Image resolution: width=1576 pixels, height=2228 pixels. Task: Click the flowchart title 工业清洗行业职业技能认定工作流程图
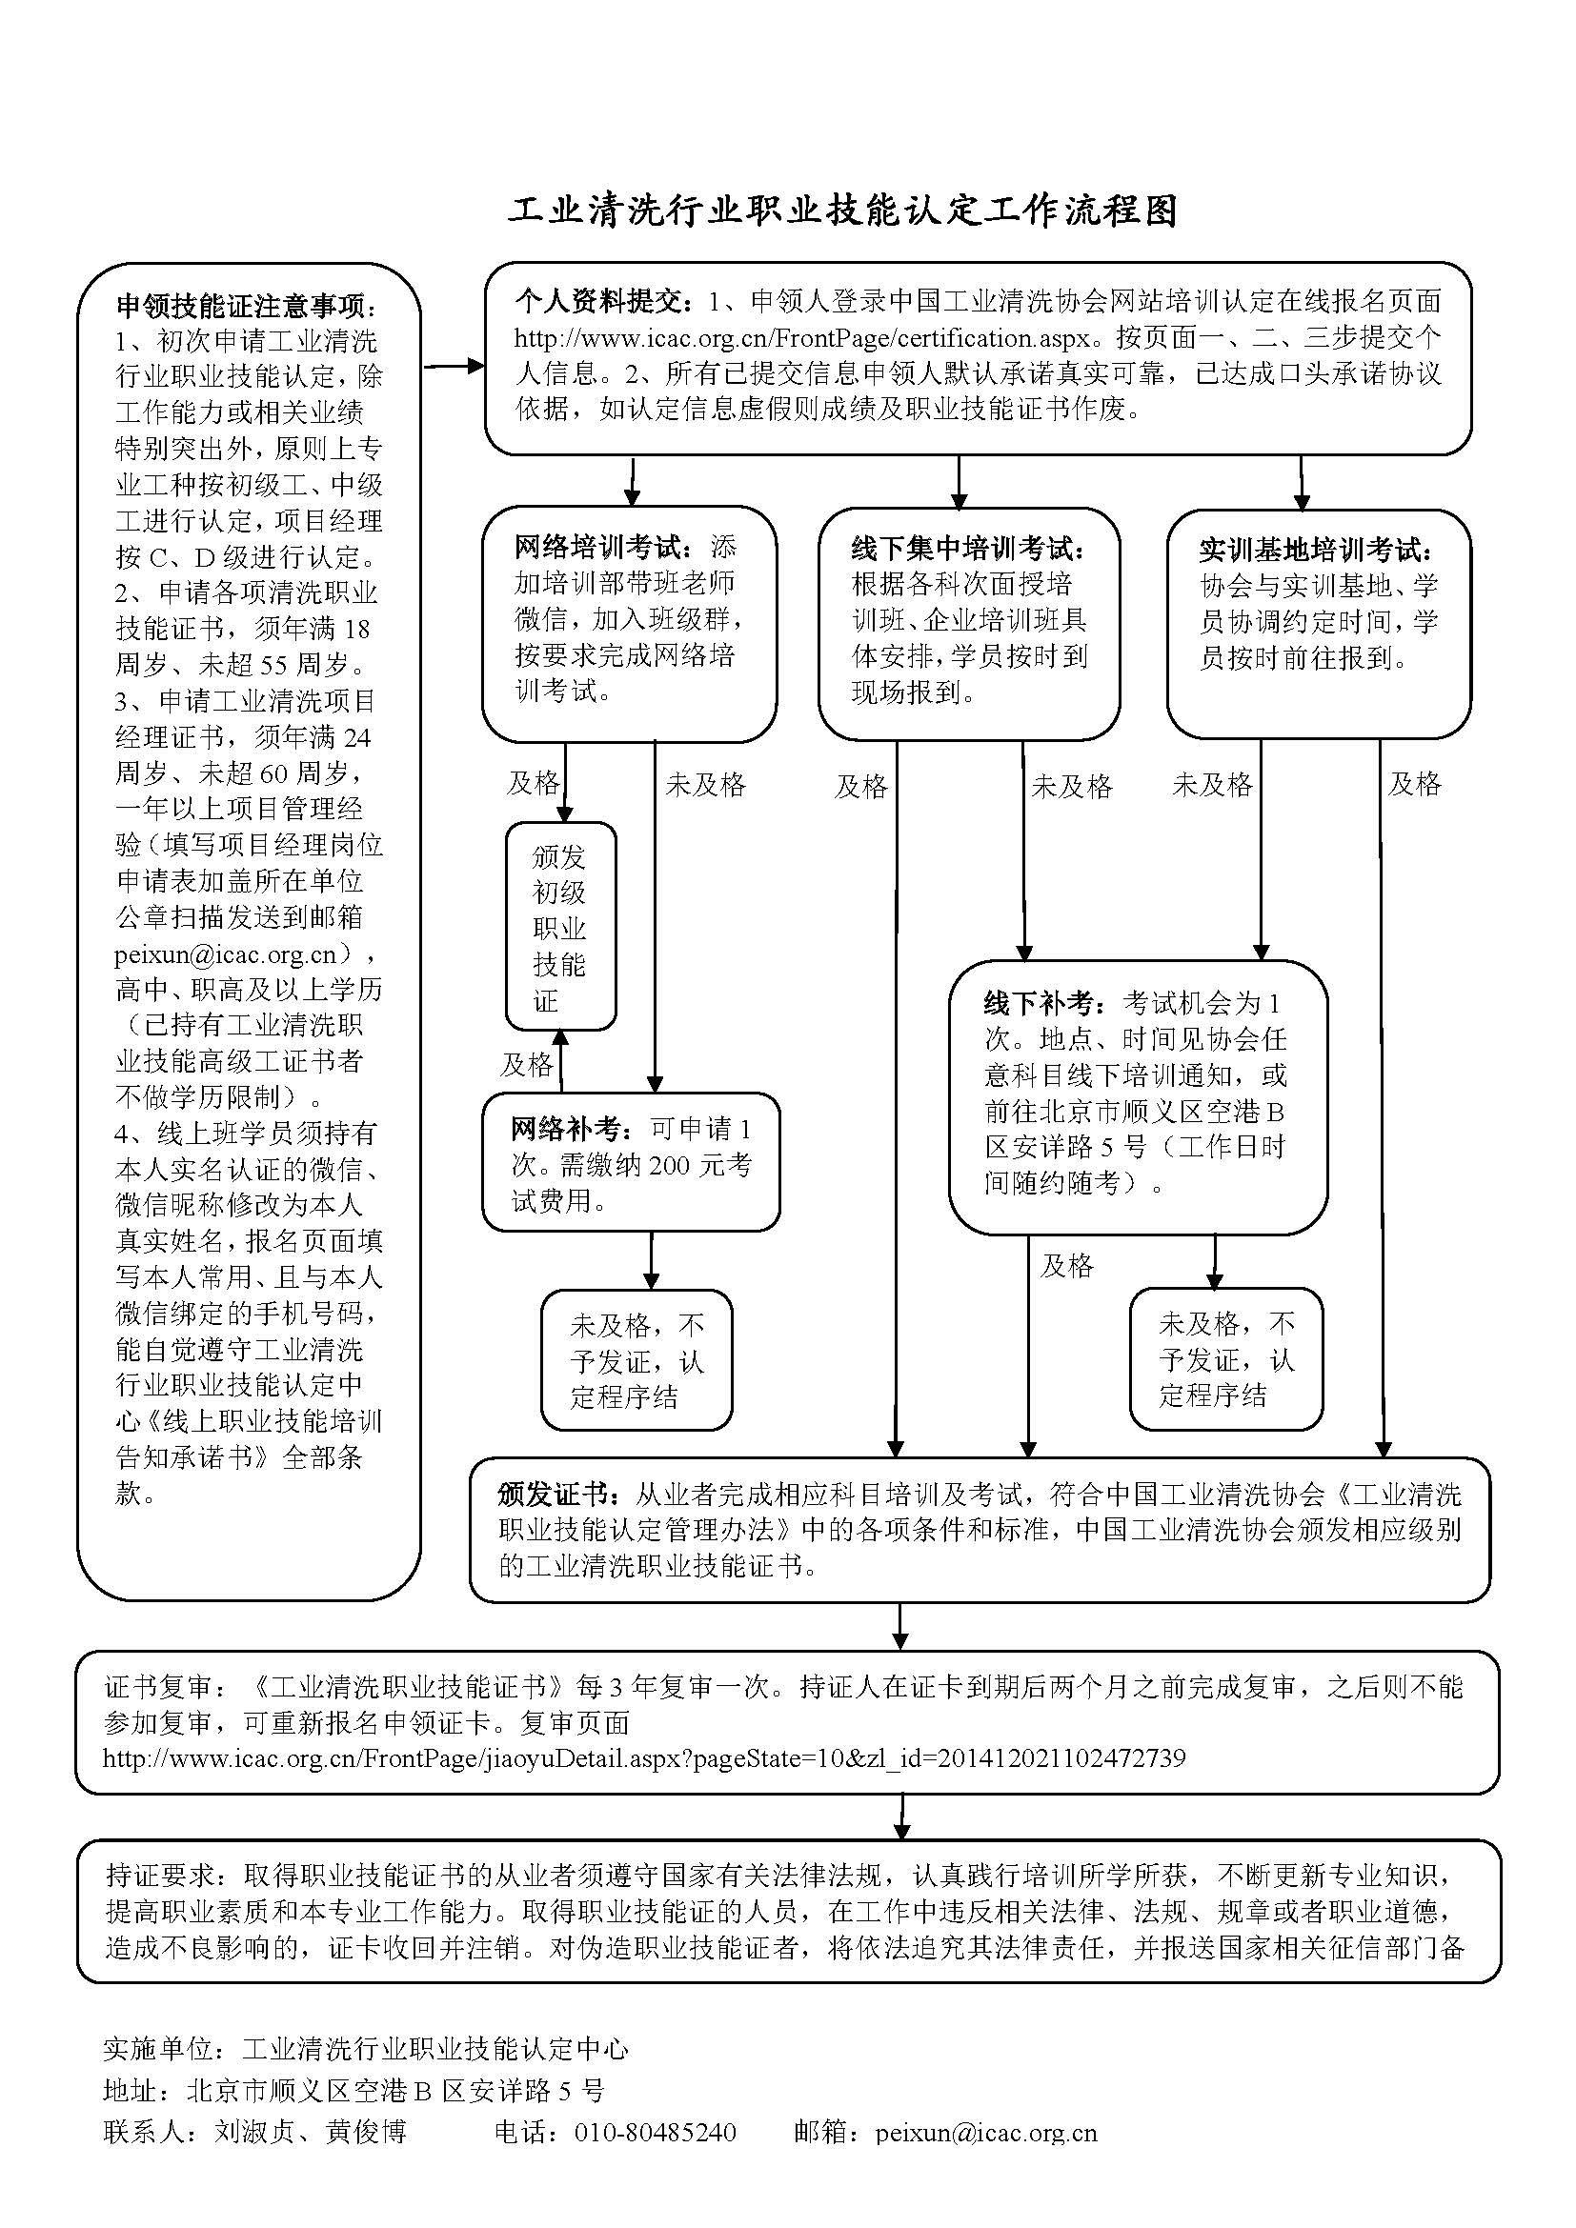point(842,212)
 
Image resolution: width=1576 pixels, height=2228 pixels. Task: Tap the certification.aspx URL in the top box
point(805,339)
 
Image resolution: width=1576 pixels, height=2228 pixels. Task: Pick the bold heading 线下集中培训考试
point(967,550)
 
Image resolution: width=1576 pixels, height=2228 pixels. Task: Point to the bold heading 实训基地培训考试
point(1315,552)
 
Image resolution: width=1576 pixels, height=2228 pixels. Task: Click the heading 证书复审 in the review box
point(157,1688)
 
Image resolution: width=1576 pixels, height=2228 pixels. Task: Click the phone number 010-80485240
point(655,2131)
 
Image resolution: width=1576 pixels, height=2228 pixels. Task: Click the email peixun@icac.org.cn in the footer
point(986,2131)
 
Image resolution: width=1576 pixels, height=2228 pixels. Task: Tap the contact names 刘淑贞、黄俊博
point(311,2131)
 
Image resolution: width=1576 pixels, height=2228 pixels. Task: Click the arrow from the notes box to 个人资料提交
point(454,366)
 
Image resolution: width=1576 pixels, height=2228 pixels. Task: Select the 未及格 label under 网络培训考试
point(705,785)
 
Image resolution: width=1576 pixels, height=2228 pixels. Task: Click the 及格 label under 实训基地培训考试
point(1414,784)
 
